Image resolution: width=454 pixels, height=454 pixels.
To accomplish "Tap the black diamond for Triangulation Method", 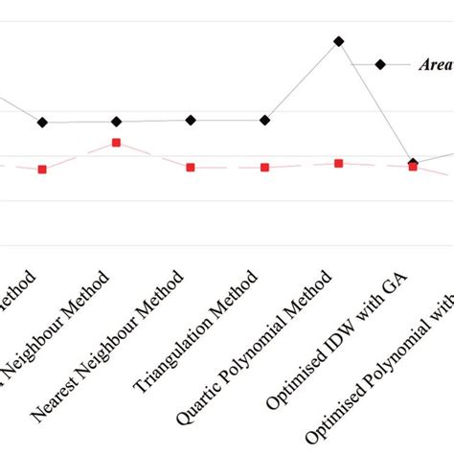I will tap(265, 120).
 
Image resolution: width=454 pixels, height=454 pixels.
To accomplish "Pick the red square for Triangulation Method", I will tap(265, 167).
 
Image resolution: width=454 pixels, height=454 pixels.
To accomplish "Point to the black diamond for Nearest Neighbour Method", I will tap(191, 120).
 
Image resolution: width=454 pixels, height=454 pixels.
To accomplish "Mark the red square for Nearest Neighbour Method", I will tap(191, 167).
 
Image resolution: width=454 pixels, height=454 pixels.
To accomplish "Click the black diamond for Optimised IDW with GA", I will tap(413, 163).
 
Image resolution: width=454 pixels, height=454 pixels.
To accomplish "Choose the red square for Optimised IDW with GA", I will tap(413, 167).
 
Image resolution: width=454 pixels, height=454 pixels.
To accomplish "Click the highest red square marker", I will tap(116, 143).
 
